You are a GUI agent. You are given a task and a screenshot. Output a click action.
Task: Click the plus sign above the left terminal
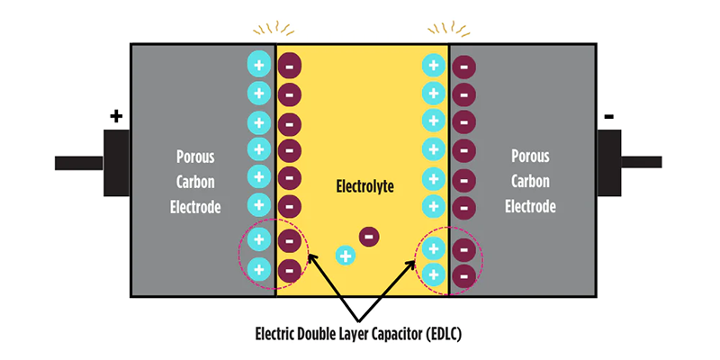pos(115,116)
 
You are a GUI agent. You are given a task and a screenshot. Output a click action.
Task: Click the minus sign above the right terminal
pos(609,116)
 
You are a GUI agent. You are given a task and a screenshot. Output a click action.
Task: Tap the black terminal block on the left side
pos(118,163)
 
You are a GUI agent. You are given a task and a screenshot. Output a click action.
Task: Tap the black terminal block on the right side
pos(609,163)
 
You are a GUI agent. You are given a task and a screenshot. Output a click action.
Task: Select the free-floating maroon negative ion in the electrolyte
pos(369,237)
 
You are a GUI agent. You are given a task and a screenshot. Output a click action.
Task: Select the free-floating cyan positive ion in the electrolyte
pos(345,256)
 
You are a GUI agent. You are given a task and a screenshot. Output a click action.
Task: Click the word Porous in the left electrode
pos(195,157)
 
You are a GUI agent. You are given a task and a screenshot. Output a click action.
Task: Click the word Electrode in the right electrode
pos(530,207)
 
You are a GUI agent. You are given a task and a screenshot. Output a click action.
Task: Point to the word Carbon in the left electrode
pos(195,182)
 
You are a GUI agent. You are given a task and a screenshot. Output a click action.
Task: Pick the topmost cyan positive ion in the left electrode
pos(258,63)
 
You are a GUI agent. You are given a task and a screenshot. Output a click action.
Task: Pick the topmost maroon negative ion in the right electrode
pos(464,66)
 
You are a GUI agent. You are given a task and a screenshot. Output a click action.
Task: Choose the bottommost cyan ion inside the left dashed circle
pos(258,268)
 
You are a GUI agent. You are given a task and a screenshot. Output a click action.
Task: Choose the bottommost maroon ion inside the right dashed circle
pos(464,274)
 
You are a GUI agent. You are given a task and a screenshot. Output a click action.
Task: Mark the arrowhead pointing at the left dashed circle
pos(311,257)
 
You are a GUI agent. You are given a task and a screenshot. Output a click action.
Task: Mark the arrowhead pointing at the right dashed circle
pos(415,260)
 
